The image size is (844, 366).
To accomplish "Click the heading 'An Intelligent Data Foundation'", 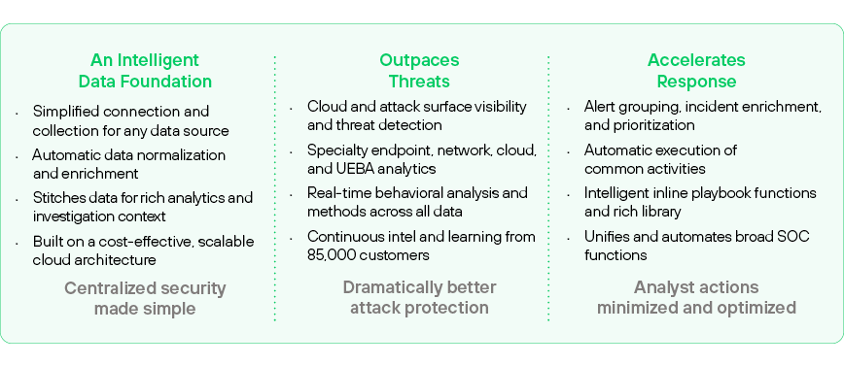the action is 145,71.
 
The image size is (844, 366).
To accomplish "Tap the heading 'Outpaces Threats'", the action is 419,71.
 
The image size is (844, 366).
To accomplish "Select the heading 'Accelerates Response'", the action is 696,71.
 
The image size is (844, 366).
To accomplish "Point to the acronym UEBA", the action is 356,169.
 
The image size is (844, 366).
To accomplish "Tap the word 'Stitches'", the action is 55,198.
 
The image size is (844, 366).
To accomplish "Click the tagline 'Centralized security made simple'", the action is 145,298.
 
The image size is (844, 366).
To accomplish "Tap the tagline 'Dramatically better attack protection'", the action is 419,297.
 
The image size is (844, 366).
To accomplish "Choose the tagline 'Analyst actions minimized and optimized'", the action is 696,297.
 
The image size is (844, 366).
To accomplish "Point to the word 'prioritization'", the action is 652,125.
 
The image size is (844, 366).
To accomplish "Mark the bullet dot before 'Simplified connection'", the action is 18,114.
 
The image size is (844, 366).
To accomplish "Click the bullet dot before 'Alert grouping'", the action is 569,109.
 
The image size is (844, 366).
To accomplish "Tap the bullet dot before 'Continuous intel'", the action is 291,239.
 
